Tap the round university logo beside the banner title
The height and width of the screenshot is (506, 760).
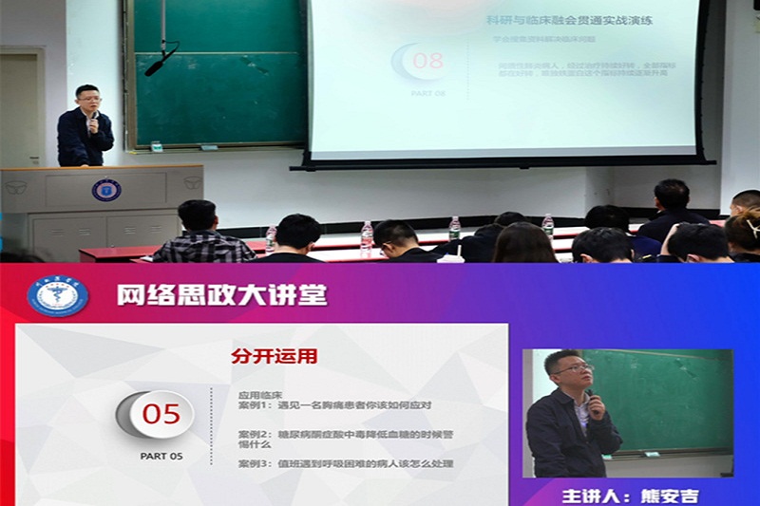(x=58, y=295)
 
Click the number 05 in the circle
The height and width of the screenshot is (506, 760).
(x=161, y=415)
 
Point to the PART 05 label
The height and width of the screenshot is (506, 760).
(x=161, y=456)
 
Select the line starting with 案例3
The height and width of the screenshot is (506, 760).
(x=345, y=463)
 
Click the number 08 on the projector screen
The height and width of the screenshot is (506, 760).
(x=427, y=62)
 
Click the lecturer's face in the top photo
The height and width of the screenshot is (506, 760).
(x=88, y=99)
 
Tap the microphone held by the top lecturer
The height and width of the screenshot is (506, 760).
(x=93, y=120)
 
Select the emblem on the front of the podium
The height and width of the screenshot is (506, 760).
(x=105, y=189)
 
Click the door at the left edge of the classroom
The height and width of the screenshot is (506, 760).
(x=18, y=109)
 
